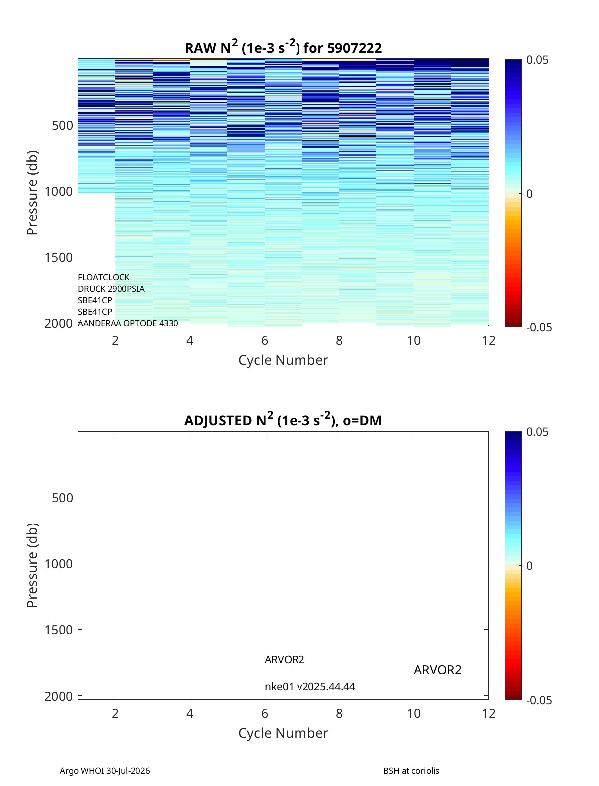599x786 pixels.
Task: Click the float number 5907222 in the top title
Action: pos(354,48)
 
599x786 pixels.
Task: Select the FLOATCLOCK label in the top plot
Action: pos(104,277)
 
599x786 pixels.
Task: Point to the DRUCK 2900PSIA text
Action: pos(111,289)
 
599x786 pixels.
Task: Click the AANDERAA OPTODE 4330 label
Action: pos(128,323)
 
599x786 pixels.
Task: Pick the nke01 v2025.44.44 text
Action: pos(309,687)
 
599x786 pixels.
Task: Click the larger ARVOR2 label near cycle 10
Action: pos(438,670)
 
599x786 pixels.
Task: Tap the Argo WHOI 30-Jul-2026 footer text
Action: pos(105,770)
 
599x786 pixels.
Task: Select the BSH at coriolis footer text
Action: pos(411,770)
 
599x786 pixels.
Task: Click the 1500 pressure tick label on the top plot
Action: pos(59,257)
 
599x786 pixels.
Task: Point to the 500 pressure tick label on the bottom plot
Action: pos(63,498)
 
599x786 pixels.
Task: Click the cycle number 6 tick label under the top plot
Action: pos(265,340)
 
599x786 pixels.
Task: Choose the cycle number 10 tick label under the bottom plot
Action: pos(414,713)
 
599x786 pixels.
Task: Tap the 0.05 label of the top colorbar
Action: pos(537,60)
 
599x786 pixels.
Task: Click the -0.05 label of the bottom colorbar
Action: pos(539,700)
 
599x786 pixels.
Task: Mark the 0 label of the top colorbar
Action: pos(529,194)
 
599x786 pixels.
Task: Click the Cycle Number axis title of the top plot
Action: pos(283,360)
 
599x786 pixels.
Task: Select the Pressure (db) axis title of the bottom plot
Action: pos(32,565)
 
